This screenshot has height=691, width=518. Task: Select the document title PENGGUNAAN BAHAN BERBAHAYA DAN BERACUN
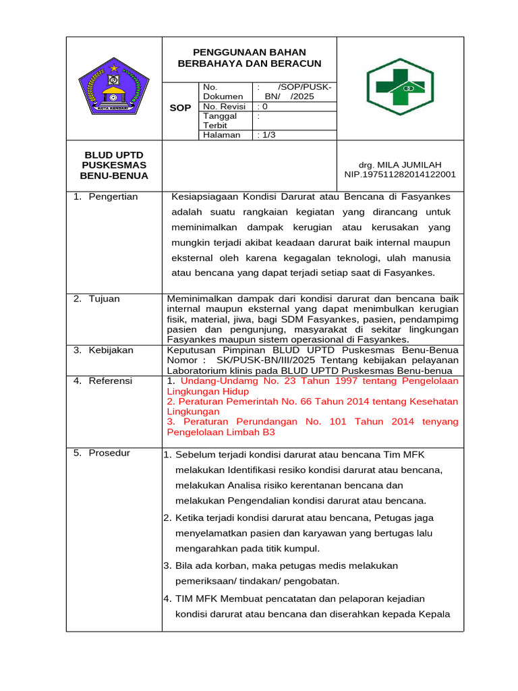pos(249,57)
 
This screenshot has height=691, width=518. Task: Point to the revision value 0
pos(264,106)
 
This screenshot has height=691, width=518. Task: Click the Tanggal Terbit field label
pos(220,120)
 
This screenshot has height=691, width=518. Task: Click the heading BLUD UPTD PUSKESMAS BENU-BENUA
pos(113,165)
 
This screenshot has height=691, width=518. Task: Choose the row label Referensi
pos(111,381)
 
